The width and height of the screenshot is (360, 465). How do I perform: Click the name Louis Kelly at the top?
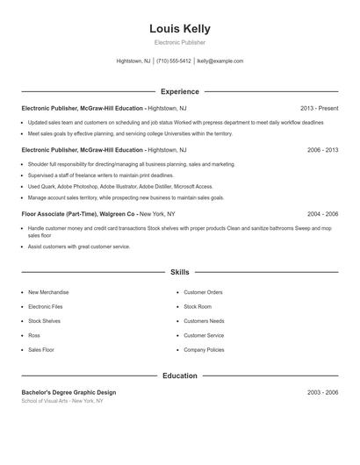(x=179, y=29)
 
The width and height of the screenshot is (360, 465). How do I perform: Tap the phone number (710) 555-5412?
(x=174, y=61)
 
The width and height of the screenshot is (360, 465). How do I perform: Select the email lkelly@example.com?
(x=220, y=61)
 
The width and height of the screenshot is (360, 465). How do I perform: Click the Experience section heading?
(x=179, y=91)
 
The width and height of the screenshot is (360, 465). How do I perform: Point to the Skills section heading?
(x=179, y=273)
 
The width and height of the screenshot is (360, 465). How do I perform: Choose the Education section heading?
(x=179, y=376)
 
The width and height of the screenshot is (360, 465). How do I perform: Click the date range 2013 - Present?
(x=319, y=108)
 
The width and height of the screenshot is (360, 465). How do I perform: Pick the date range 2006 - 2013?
(x=322, y=150)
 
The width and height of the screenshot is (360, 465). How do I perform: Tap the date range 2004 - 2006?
(x=322, y=214)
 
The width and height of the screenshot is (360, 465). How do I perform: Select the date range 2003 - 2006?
(x=322, y=392)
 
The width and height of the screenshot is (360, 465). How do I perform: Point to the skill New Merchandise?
(x=48, y=292)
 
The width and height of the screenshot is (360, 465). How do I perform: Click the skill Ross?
(x=34, y=335)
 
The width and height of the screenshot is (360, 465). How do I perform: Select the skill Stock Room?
(x=198, y=307)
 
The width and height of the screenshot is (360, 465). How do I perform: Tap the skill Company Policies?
(x=204, y=350)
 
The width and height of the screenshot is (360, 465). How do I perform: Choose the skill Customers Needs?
(x=204, y=321)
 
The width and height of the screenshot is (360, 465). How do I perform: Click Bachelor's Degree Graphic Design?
(x=68, y=392)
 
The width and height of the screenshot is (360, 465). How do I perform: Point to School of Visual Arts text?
(x=61, y=401)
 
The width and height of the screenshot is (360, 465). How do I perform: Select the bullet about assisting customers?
(x=79, y=247)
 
